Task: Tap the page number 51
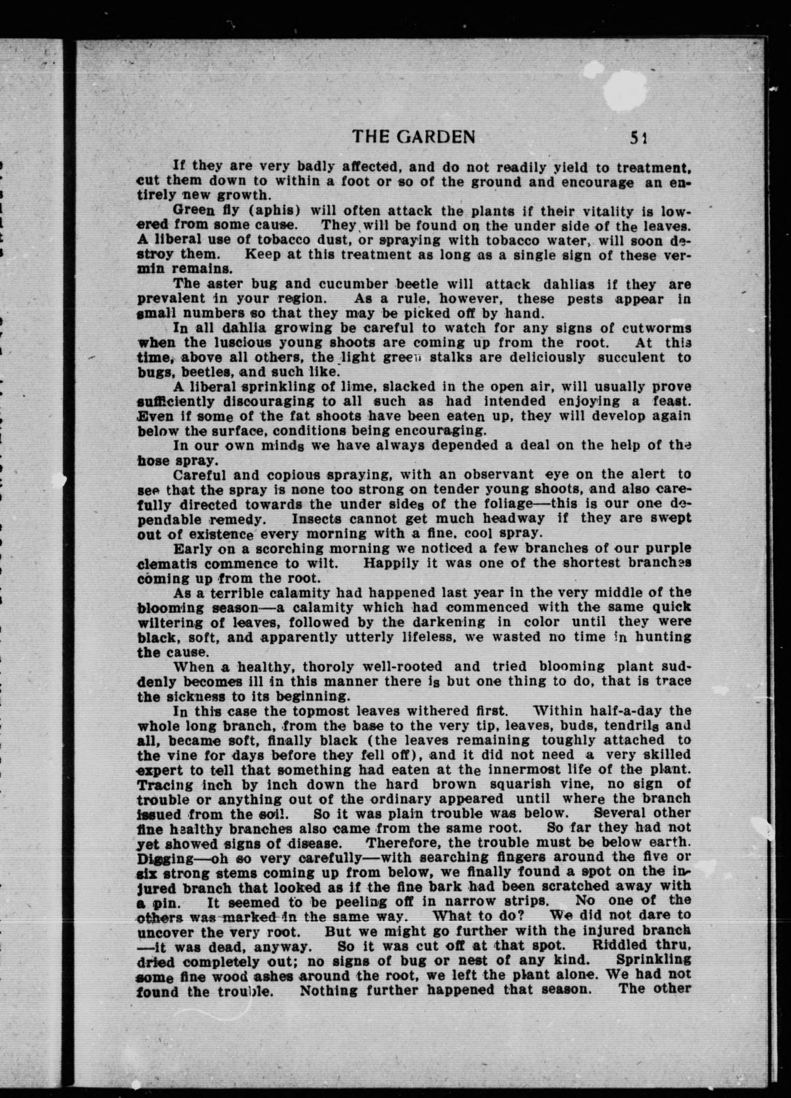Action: click(639, 139)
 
